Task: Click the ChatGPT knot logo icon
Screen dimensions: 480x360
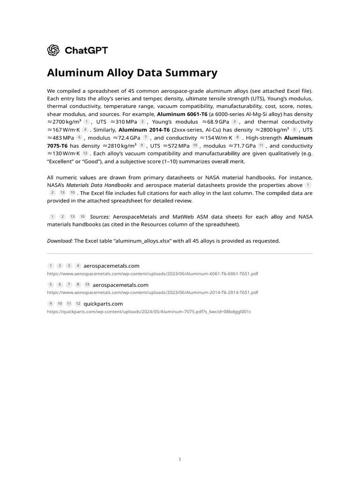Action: pyautogui.click(x=53, y=50)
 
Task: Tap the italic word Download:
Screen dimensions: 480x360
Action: pyautogui.click(x=60, y=241)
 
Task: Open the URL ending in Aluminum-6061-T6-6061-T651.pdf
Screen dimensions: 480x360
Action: pyautogui.click(x=152, y=273)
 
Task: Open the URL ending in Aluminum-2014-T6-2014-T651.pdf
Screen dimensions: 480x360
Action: pyautogui.click(x=152, y=292)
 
